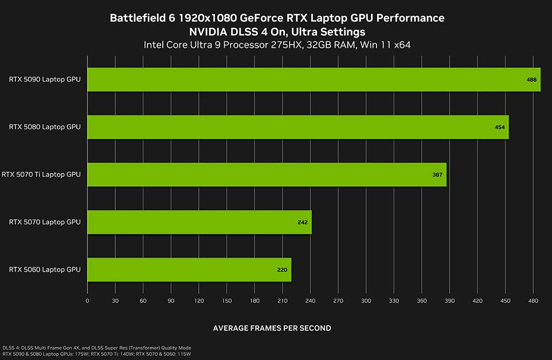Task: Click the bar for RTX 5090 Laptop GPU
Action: (314, 80)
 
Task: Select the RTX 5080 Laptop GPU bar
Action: (298, 127)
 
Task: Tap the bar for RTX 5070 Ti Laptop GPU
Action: (267, 174)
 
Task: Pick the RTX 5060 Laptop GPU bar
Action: (189, 269)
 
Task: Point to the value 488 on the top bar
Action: (531, 80)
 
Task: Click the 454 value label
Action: (500, 127)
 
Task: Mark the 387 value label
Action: (437, 174)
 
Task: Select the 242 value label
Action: (302, 222)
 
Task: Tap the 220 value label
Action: (282, 270)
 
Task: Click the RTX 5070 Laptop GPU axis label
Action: (45, 222)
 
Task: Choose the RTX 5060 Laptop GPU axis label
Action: (45, 269)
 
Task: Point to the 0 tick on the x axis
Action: (87, 301)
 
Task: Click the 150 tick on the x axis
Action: (227, 301)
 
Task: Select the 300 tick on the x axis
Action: (366, 301)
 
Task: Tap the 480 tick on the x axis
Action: (533, 301)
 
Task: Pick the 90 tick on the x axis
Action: (171, 301)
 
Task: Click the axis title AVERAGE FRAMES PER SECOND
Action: (272, 328)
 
